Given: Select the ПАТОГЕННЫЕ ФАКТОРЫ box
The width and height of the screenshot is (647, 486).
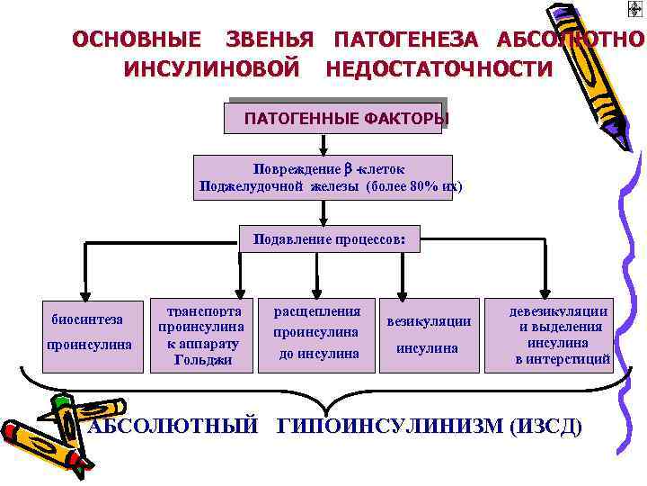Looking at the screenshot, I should click(x=334, y=117).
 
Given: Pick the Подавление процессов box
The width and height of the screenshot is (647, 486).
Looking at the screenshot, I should click(x=330, y=240).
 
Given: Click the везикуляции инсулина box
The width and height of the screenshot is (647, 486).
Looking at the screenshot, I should click(x=428, y=334).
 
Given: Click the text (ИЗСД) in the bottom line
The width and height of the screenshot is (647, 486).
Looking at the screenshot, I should click(x=545, y=427).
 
